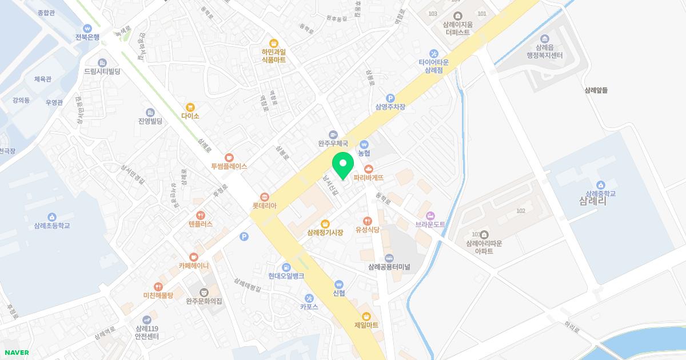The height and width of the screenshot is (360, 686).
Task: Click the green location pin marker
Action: [x=343, y=165]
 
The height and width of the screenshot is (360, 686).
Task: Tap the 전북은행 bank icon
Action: [x=87, y=28]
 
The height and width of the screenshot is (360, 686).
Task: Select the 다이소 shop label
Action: [x=190, y=116]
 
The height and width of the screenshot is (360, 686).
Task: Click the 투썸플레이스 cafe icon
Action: [x=229, y=157]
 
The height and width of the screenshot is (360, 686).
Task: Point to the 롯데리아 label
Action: [x=264, y=206]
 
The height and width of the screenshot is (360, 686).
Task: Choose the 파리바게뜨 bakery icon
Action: [x=369, y=169]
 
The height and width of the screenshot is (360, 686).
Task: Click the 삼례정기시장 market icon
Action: [x=325, y=223]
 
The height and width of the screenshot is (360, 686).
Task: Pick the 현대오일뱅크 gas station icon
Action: [x=286, y=267]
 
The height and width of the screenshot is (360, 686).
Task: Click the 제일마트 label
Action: [x=366, y=325]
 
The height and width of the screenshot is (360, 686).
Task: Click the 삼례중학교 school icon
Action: [x=600, y=185]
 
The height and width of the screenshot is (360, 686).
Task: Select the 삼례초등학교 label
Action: [x=52, y=226]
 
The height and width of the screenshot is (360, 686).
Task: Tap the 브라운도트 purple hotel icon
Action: [x=430, y=215]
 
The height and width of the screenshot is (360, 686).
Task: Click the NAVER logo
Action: [x=17, y=353]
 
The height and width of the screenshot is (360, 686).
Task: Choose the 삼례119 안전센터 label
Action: [x=147, y=333]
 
